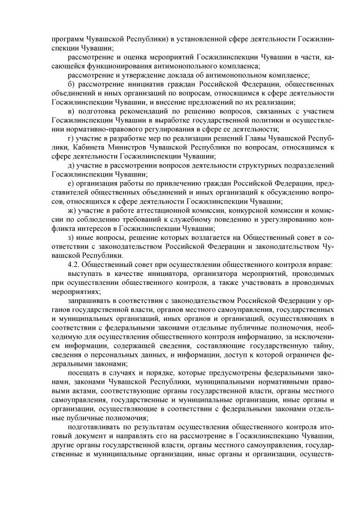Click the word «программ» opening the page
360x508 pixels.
click(66, 39)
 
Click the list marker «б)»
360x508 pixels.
click(71, 84)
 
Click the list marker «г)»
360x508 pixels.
click(71, 138)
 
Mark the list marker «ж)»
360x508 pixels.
click(71, 210)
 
